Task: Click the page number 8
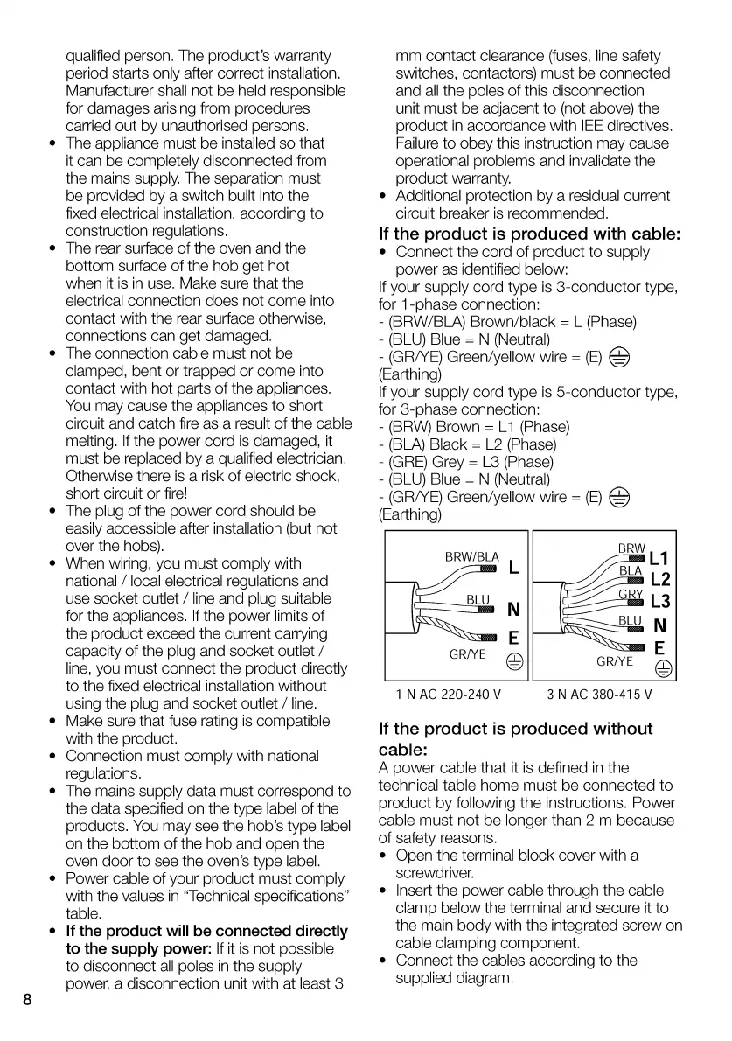(28, 1000)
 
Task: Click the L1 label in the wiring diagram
(659, 558)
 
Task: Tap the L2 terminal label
(659, 579)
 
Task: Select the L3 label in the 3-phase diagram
(659, 601)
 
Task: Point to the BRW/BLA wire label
(471, 556)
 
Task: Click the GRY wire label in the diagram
(631, 595)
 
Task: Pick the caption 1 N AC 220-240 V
(449, 695)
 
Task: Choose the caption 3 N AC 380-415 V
(600, 695)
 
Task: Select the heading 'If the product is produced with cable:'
(529, 234)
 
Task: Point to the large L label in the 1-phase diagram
(513, 568)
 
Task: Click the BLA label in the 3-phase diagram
(631, 571)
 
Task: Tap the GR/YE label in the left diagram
(467, 653)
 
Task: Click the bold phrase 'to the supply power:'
(139, 948)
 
